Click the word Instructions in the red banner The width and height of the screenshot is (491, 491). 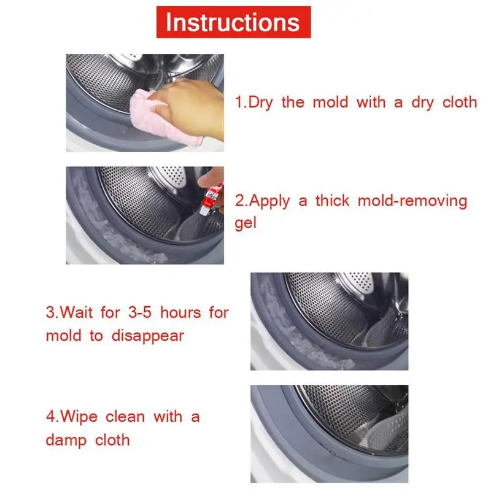click(233, 23)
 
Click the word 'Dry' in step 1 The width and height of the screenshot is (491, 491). click(260, 103)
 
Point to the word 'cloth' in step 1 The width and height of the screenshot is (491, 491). click(459, 102)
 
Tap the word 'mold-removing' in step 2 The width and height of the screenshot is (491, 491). click(412, 201)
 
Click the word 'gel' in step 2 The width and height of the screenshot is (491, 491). click(245, 223)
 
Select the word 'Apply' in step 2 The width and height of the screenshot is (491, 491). click(269, 201)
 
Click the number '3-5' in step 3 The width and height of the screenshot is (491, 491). click(140, 312)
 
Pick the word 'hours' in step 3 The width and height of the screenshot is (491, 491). click(180, 312)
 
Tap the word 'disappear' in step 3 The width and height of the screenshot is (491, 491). click(148, 336)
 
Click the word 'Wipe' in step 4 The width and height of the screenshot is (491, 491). click(79, 417)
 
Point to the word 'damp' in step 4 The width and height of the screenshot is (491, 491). click(66, 441)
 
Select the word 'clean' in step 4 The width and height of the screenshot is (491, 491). click(125, 417)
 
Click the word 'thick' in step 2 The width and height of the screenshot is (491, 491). click(332, 201)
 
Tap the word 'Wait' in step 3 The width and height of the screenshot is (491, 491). click(76, 312)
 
